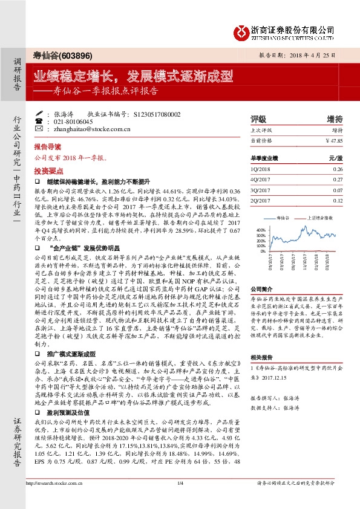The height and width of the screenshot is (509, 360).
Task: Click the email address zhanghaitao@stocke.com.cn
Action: [x=92, y=129]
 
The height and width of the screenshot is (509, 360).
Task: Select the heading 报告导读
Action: [x=47, y=147]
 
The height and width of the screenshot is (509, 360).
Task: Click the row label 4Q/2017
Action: [x=260, y=179]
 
